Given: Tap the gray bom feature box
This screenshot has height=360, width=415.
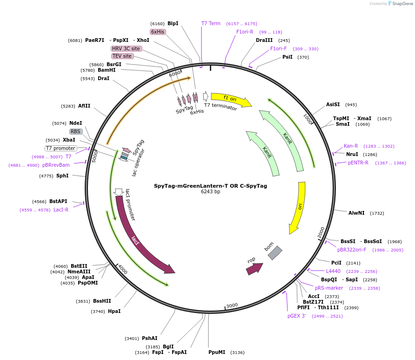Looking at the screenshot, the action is click(275, 253).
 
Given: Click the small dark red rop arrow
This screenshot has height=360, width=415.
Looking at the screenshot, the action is click(254, 269).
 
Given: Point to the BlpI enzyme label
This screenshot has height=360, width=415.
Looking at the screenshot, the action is click(173, 23).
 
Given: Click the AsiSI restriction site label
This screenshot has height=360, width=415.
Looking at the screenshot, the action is click(333, 104).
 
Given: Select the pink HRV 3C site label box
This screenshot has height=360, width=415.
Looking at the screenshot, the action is click(126, 48).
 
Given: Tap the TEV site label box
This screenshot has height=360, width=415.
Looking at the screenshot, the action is click(122, 56).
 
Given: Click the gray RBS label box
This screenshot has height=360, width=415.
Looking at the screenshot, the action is click(76, 131).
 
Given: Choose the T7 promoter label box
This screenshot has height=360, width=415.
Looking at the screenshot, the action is click(60, 149).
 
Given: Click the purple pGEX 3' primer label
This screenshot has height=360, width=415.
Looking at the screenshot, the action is click(297, 316).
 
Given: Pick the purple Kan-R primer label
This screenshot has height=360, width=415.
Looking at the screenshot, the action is click(351, 146).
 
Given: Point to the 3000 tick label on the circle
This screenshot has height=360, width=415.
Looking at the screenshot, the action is click(232, 306).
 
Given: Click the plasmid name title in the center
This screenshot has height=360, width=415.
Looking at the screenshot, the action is click(210, 186).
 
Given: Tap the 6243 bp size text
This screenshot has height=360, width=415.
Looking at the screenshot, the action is click(210, 191).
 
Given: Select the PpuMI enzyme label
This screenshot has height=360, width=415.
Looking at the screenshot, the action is click(217, 352).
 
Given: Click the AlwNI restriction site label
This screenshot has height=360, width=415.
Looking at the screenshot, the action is click(356, 213).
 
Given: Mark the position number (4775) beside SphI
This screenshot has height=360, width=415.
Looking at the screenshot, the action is click(46, 176).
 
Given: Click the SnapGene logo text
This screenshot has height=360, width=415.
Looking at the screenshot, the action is click(402, 3).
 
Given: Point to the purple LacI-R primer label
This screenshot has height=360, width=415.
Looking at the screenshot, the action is click(61, 210).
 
